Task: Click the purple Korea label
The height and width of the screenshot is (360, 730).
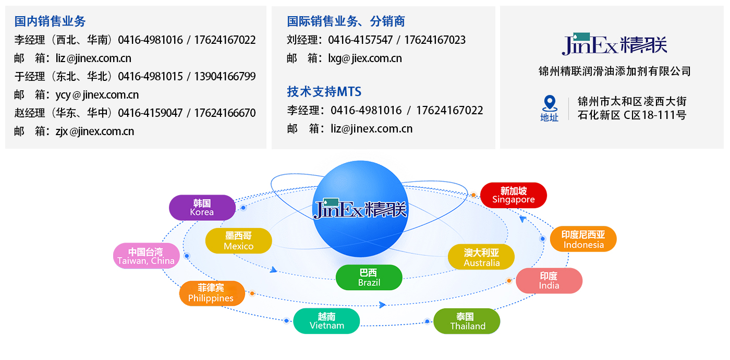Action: point(202,208)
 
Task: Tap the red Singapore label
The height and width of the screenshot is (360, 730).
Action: point(513,195)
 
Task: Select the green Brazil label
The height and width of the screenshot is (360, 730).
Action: point(369,278)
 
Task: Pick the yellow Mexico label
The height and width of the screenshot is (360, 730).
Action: point(238,241)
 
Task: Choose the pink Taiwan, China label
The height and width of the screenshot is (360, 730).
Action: point(146,256)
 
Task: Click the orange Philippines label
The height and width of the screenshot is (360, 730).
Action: point(211,293)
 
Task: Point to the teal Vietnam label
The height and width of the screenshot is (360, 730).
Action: point(326,321)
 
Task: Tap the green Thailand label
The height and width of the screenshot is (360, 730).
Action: point(467,321)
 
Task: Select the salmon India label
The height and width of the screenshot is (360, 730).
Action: point(549,281)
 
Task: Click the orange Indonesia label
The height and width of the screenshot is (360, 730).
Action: point(583,239)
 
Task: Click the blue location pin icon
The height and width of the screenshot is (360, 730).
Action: point(549,103)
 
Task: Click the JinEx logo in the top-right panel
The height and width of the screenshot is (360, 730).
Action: point(614,44)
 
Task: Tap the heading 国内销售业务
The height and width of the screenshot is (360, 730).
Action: point(50,21)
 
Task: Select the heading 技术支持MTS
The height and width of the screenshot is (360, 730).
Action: point(324,92)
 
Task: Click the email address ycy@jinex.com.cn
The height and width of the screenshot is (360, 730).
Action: point(97,95)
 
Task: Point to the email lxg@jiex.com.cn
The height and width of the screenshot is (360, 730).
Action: point(365,58)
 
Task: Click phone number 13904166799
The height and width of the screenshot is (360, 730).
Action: point(225,77)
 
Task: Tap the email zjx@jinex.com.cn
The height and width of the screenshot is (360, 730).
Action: point(95,131)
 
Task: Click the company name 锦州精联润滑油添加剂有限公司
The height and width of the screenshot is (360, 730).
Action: point(614,71)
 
